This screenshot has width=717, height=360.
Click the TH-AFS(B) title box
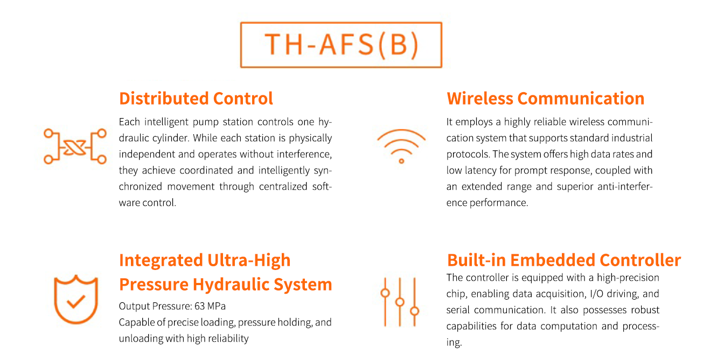[341, 23]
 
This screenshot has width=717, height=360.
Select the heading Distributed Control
[196, 98]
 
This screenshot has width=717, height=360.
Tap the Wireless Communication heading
[546, 98]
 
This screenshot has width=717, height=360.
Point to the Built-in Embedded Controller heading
[564, 260]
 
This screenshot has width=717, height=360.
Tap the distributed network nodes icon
[75, 147]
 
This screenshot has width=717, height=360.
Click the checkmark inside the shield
[75, 301]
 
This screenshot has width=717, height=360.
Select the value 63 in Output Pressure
[199, 306]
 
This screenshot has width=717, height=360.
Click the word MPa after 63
[217, 306]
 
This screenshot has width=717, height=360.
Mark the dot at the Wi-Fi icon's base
[401, 161]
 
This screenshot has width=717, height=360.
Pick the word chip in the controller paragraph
[456, 294]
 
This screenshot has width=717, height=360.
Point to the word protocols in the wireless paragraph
[468, 154]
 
